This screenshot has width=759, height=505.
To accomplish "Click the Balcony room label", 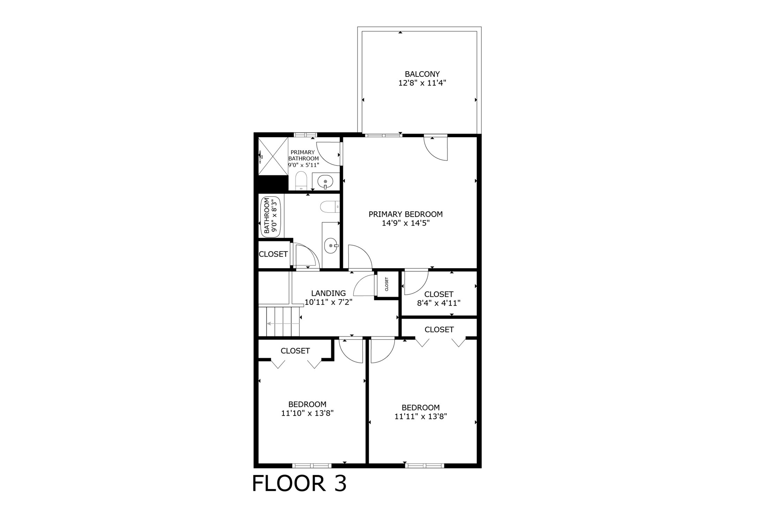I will point(422,74).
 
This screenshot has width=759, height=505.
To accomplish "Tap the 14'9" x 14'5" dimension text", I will point(405,223).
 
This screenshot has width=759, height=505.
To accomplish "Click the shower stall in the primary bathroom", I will point(273,156).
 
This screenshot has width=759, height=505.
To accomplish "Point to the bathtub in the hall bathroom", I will point(271,216).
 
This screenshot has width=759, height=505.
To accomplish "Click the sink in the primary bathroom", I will point(325,182).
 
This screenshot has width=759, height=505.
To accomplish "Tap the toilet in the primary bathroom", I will point(301,181).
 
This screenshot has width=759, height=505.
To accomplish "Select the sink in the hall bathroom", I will point(330,246).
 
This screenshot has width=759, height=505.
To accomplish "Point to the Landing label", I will point(328,293).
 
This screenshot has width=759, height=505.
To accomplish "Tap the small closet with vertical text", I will point(387,284).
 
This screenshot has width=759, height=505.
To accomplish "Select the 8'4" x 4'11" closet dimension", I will point(439,303).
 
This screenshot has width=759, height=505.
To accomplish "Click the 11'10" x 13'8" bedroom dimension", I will point(307,413).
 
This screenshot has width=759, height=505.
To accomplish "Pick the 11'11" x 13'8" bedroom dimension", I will point(421,416).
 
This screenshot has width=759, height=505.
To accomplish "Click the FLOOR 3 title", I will point(299,484).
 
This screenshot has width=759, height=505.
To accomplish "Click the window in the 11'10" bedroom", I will point(311,465).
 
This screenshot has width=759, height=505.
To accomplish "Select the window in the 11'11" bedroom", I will point(425,465).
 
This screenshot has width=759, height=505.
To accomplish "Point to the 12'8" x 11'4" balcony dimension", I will point(422,83).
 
